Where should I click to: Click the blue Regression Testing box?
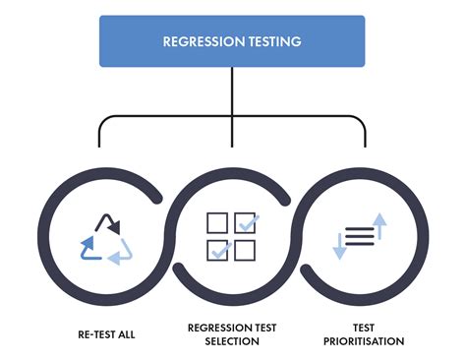coord(232,42)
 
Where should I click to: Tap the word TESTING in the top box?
coord(274,42)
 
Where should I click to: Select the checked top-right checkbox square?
coord(245,222)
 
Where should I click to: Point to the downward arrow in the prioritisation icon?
coord(340,246)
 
